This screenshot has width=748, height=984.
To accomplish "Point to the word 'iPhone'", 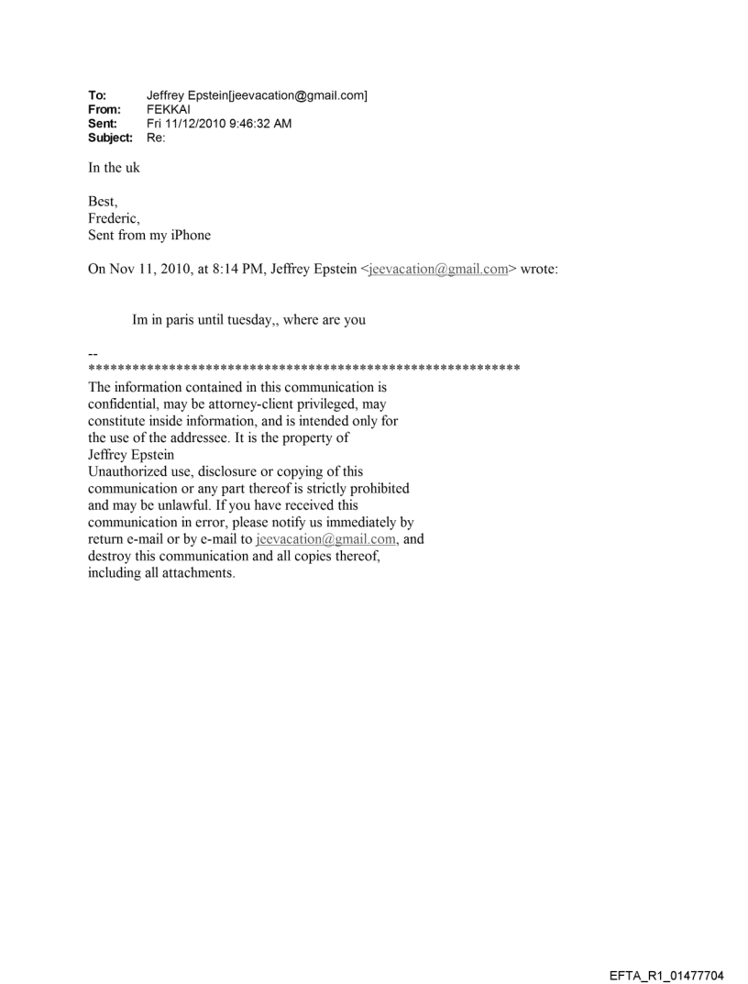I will (x=191, y=235).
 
